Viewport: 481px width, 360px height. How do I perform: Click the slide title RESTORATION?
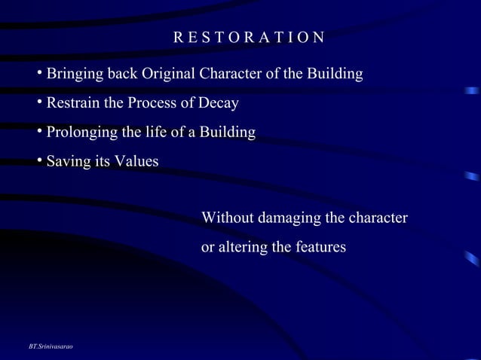coord(249,38)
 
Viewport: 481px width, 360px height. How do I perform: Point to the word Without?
coord(228,218)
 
